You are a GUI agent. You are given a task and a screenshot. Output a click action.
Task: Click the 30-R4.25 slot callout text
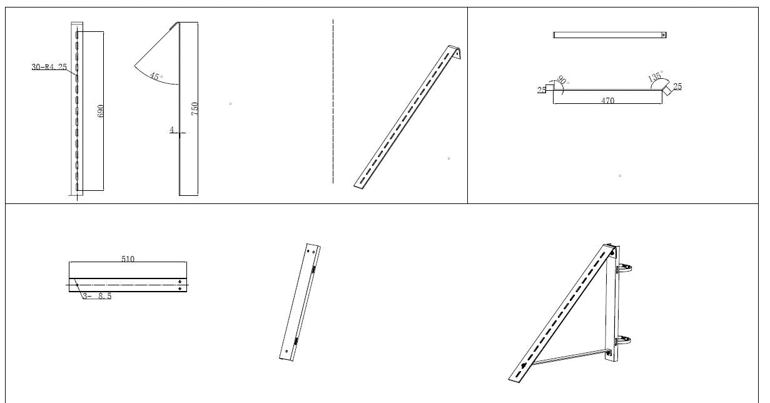tap(49, 67)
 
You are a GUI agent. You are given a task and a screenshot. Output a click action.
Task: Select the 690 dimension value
tap(100, 111)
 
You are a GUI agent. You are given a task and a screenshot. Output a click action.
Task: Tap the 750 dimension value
tap(195, 109)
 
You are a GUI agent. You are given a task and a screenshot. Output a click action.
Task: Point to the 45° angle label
tap(155, 76)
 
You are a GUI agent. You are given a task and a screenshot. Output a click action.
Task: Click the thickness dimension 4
tap(172, 130)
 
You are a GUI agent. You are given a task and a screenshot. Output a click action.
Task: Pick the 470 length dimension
tap(608, 100)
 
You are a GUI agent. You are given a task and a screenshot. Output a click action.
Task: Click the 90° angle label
tap(562, 80)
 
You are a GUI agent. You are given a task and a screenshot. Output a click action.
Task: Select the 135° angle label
tap(655, 76)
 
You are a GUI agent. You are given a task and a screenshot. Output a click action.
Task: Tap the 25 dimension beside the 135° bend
tap(677, 86)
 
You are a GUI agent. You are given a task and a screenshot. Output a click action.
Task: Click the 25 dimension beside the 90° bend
tap(542, 89)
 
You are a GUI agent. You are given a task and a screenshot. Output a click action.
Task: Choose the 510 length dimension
tap(128, 258)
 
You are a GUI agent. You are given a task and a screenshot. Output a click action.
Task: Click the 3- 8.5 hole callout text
tap(97, 296)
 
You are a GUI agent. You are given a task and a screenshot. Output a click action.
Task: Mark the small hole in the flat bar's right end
tap(664, 35)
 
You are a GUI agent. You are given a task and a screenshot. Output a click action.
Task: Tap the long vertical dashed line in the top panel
tap(333, 101)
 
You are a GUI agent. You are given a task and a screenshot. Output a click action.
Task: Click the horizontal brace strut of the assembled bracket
tap(570, 357)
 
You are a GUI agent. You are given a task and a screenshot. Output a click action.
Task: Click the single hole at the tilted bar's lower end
tap(286, 351)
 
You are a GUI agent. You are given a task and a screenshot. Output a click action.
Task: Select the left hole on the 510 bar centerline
tap(77, 285)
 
